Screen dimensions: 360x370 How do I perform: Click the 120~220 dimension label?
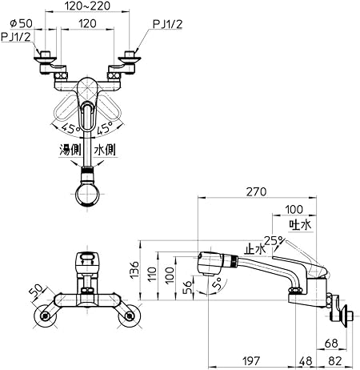[87, 6]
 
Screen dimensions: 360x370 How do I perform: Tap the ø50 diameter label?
[21, 23]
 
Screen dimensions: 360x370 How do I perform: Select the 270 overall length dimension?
[256, 191]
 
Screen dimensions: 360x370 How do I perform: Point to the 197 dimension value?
[251, 361]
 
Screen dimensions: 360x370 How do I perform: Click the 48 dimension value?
[306, 361]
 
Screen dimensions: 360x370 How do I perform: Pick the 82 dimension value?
[335, 361]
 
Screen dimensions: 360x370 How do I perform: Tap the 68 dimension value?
[331, 344]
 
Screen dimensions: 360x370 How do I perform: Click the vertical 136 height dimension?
[135, 270]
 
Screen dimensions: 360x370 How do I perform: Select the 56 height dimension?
[188, 287]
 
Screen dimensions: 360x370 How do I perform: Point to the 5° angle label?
[217, 284]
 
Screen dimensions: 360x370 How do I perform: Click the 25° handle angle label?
[274, 241]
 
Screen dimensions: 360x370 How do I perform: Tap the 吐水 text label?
[301, 225]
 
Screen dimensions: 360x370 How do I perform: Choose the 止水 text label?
[255, 249]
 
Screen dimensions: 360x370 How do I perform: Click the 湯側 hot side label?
[70, 150]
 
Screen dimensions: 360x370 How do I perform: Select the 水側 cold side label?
[105, 150]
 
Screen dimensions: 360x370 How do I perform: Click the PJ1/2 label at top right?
[167, 24]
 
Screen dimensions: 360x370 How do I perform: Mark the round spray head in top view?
[87, 195]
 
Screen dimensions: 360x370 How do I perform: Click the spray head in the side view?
[210, 263]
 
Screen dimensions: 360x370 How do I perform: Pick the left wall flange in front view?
[46, 316]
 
